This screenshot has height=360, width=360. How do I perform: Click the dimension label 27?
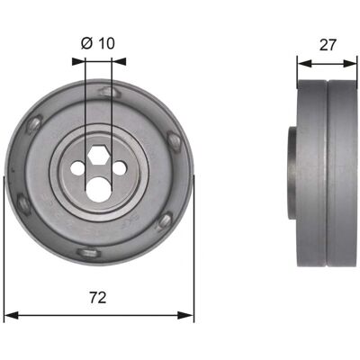[328, 45]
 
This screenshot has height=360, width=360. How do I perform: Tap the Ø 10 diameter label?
[98, 43]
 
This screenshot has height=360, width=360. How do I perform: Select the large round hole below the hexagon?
[98, 189]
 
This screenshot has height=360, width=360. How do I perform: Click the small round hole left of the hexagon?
[77, 168]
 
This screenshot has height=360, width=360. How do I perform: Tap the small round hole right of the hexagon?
[120, 168]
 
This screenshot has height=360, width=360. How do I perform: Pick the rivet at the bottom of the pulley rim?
[87, 253]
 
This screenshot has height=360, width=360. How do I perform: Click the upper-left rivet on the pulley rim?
[34, 125]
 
